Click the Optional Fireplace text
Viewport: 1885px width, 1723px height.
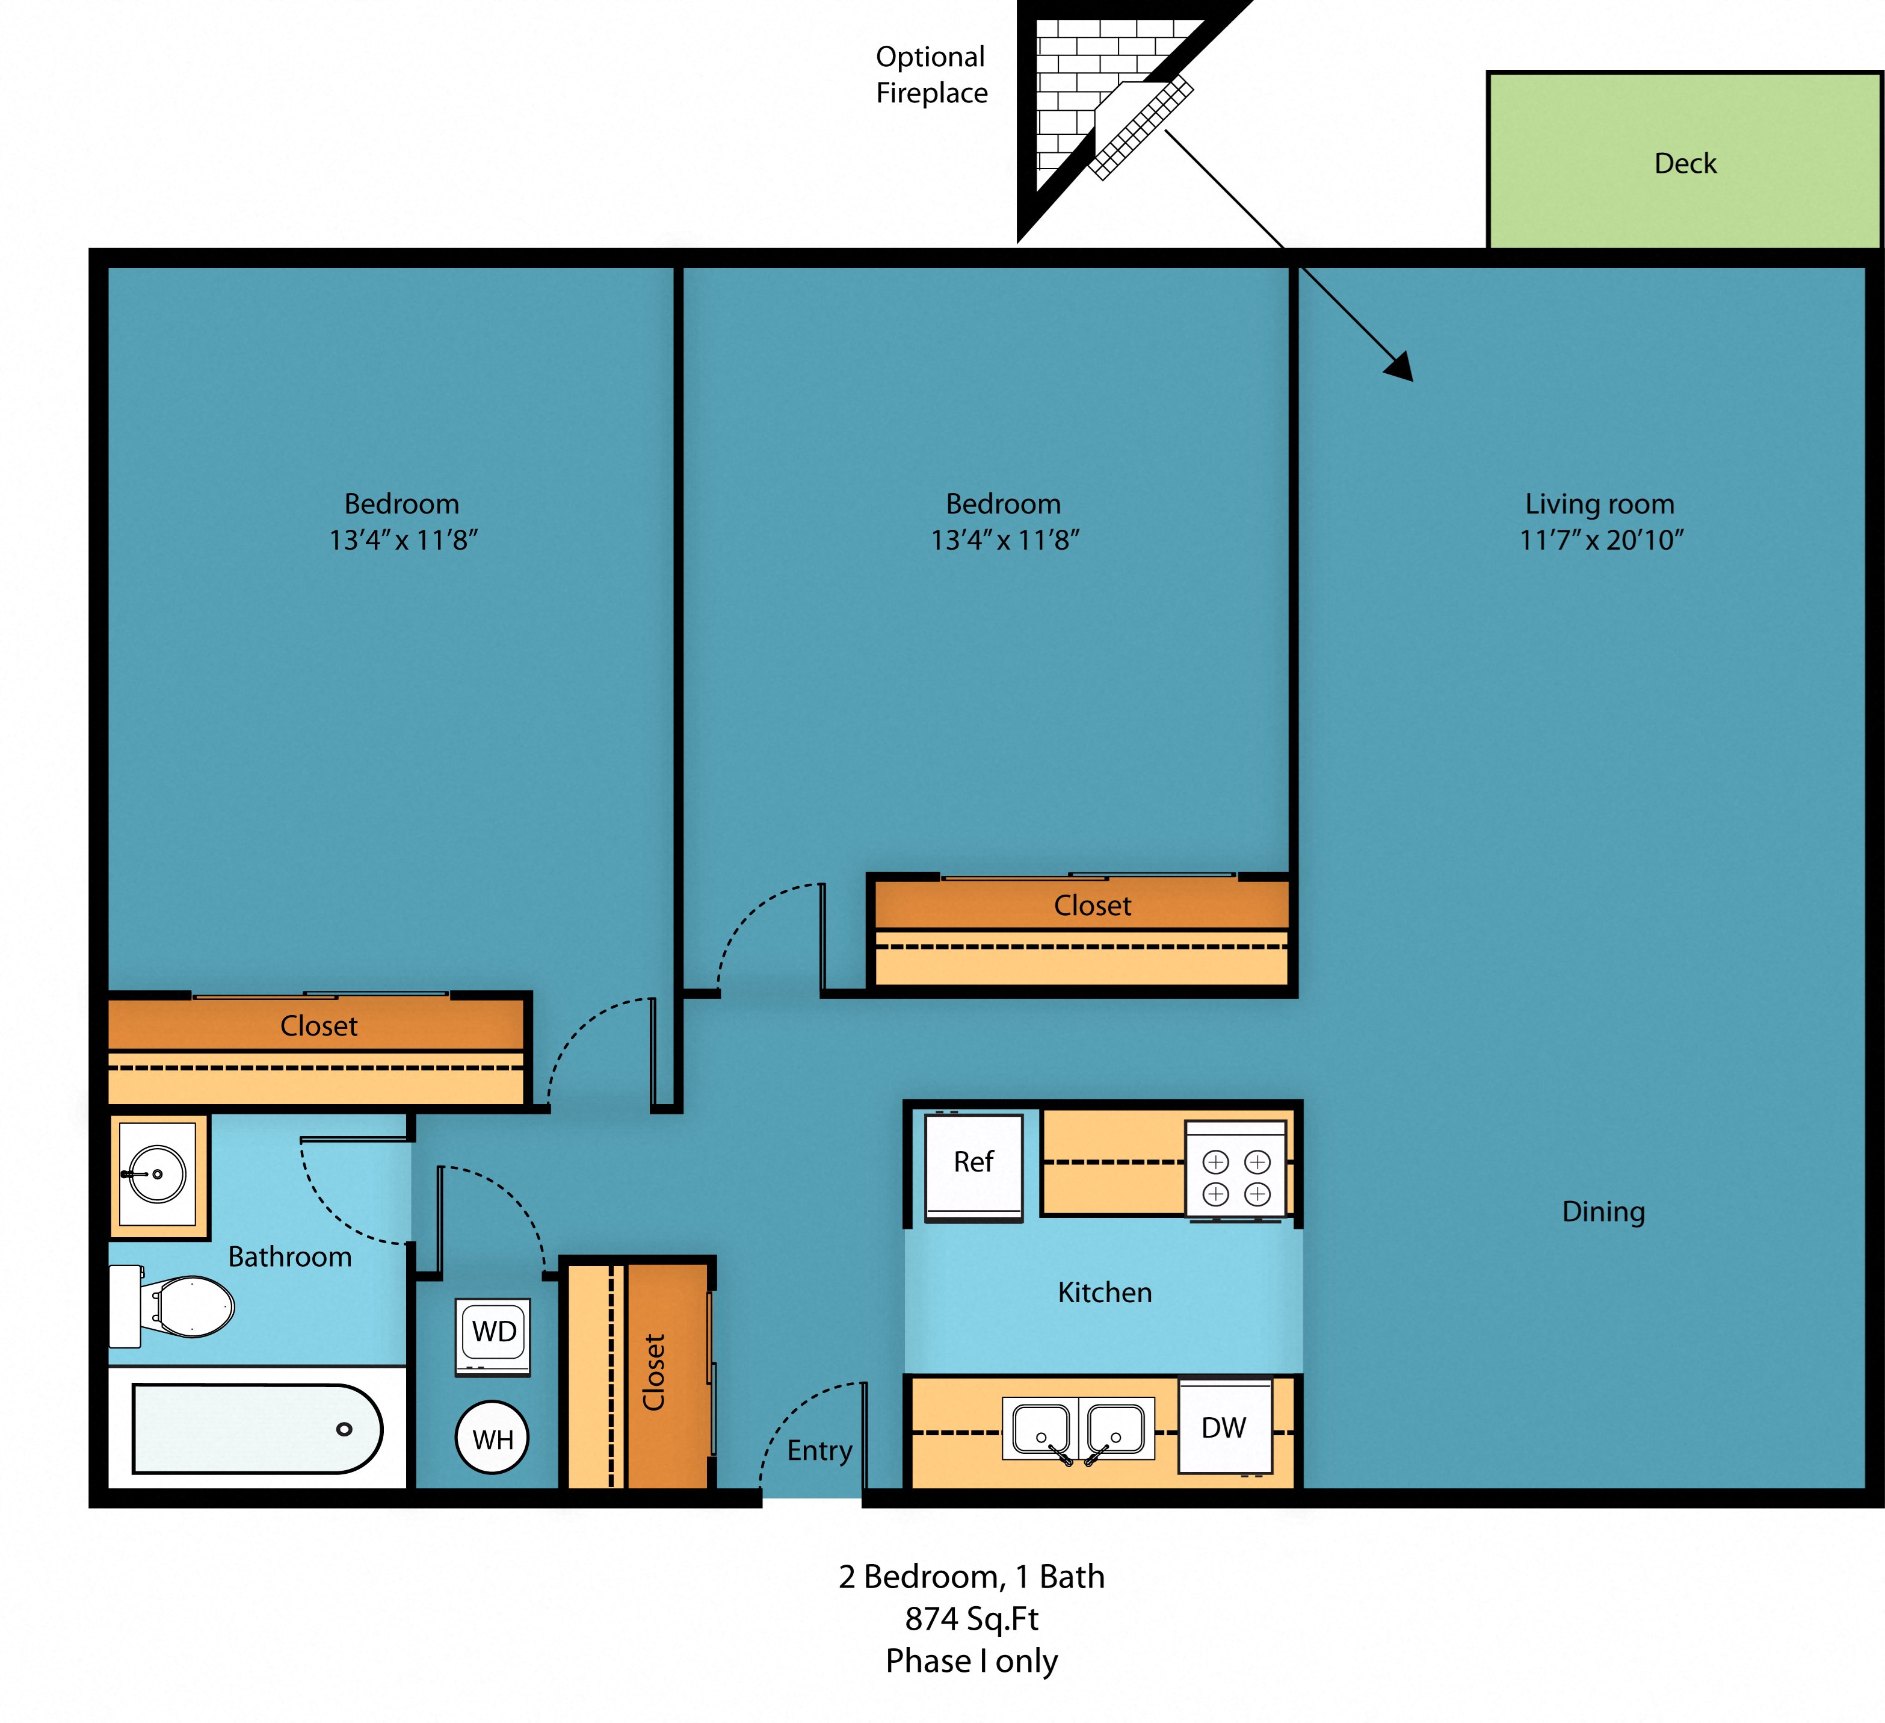tap(931, 75)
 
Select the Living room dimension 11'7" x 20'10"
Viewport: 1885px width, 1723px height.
tap(1601, 541)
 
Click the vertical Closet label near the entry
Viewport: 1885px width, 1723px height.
tap(653, 1372)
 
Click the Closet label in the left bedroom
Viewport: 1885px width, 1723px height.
tap(319, 1026)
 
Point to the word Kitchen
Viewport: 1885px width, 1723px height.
tap(1104, 1293)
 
